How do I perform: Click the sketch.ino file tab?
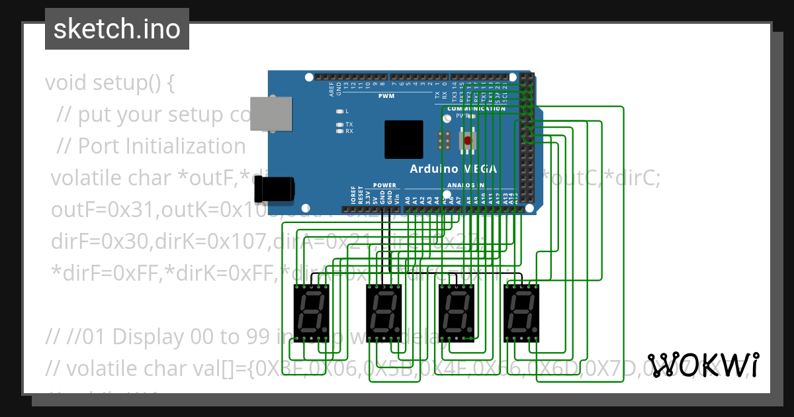[117, 29]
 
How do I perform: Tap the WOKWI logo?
[703, 365]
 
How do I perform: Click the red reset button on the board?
[468, 140]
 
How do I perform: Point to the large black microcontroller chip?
[404, 140]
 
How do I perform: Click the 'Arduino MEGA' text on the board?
[453, 169]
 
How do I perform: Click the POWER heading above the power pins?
[384, 185]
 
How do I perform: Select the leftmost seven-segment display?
[311, 310]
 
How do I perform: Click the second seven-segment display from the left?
[384, 310]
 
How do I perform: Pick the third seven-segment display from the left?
[457, 310]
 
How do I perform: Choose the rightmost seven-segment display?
[521, 310]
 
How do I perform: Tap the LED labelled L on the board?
[339, 111]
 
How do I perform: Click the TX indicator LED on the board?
[339, 124]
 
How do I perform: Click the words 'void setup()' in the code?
[110, 83]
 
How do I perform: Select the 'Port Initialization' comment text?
[161, 146]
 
